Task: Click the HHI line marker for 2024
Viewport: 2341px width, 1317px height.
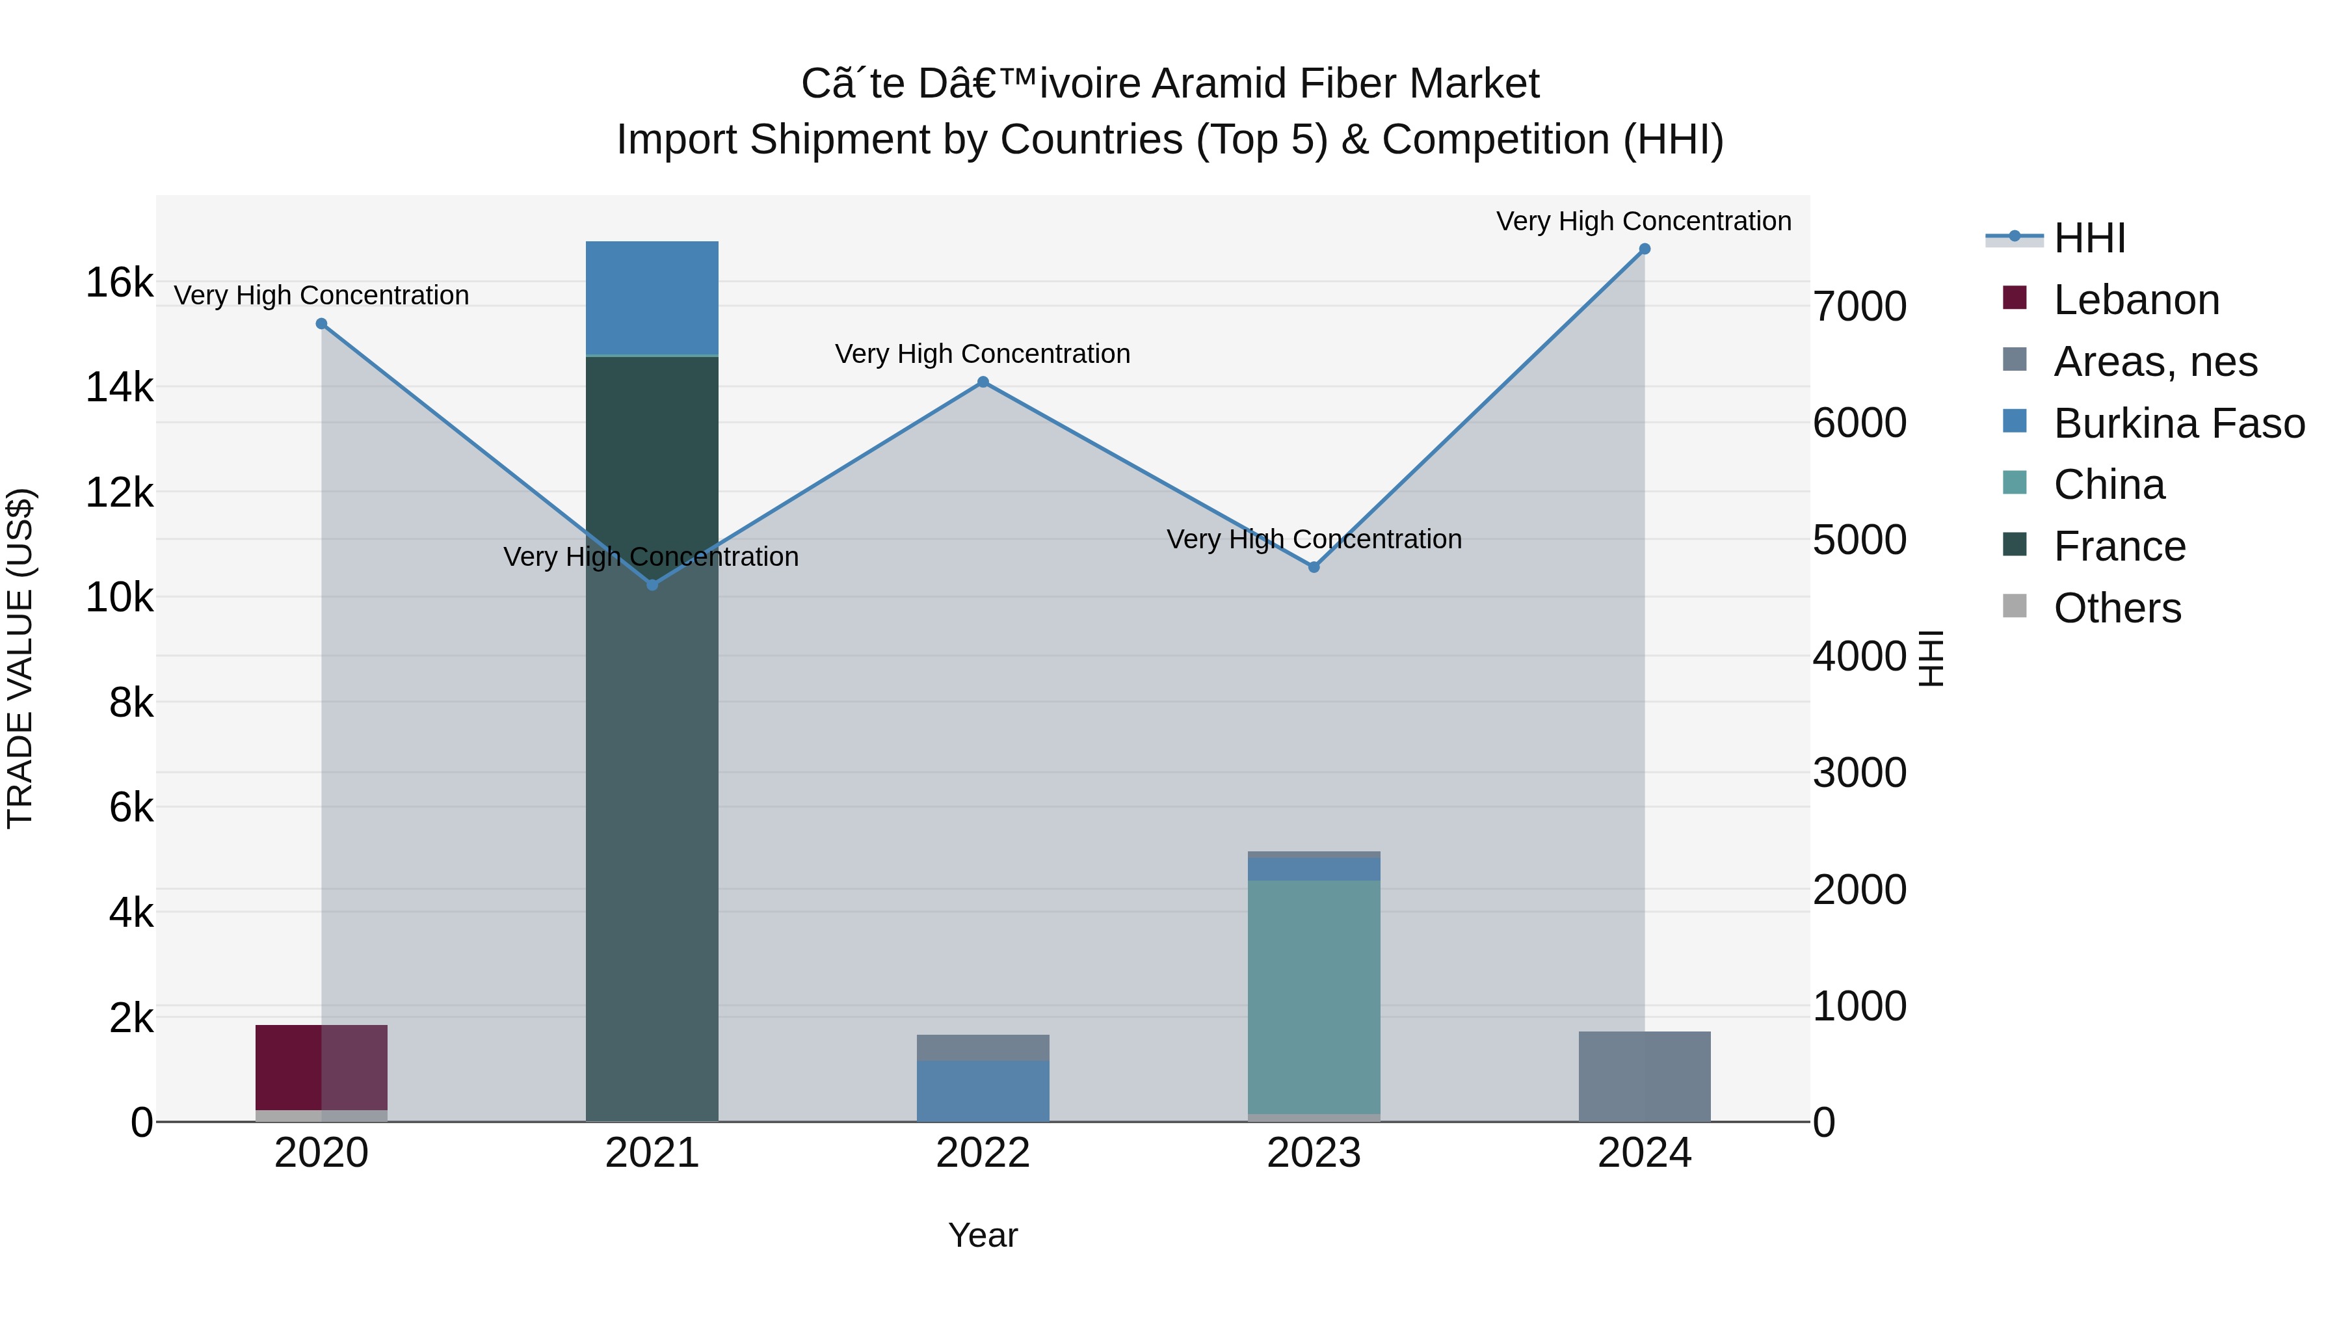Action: click(1644, 249)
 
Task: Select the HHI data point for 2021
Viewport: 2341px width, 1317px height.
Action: click(652, 585)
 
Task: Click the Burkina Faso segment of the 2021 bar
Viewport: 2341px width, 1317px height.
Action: click(652, 297)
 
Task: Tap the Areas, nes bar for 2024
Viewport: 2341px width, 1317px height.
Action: click(1644, 1076)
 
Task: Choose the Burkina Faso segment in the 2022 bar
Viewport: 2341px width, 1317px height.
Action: click(983, 1091)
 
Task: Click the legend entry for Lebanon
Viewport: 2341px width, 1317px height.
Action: click(2136, 300)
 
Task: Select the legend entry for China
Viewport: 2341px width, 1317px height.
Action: click(2108, 485)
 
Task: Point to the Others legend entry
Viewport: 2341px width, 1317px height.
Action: click(2117, 608)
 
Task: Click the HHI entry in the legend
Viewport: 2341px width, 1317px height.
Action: click(2088, 238)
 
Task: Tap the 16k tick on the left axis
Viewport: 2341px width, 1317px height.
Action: click(119, 283)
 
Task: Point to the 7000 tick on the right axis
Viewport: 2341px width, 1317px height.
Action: click(1859, 306)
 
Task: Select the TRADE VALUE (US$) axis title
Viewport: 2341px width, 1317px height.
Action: click(20, 658)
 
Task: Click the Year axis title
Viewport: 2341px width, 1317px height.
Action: click(983, 1235)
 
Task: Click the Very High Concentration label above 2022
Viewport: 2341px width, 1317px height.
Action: click(983, 354)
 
